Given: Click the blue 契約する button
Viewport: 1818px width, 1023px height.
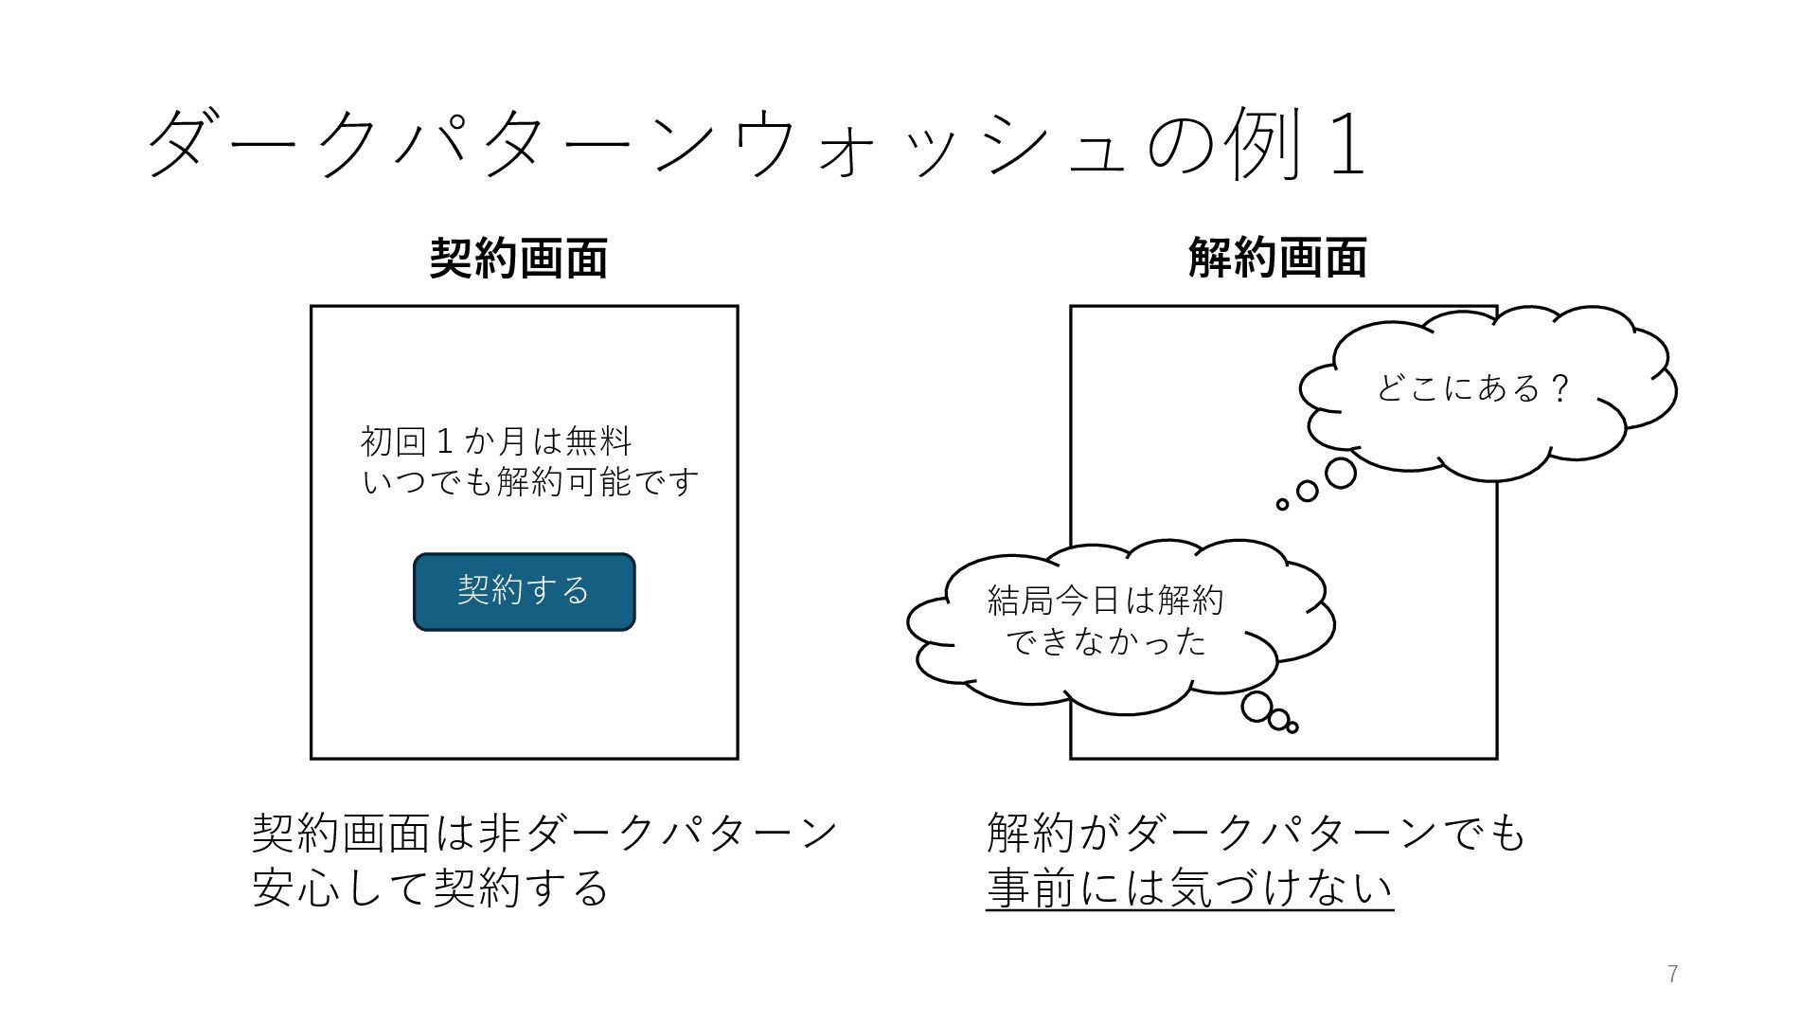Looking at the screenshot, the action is click(524, 591).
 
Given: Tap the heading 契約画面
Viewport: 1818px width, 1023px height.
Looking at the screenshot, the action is click(518, 258).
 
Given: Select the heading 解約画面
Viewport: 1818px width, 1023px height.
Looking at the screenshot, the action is click(1277, 258).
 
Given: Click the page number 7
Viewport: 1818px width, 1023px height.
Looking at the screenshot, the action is click(1672, 974).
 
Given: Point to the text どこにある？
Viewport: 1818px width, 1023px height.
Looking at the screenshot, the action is click(1472, 388).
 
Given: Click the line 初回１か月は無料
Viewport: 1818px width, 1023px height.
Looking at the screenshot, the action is click(496, 441).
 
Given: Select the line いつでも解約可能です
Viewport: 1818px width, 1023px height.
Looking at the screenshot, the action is click(530, 483).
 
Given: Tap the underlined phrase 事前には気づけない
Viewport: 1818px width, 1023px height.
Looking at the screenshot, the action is click(1189, 888).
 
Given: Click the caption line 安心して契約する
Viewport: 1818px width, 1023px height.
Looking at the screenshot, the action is click(430, 888).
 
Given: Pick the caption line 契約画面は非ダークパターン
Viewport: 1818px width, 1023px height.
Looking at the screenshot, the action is click(544, 834).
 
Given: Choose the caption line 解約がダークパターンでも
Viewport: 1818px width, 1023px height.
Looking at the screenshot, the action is click(1256, 834).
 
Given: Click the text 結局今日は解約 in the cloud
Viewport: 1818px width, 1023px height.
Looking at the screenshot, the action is click(1105, 601).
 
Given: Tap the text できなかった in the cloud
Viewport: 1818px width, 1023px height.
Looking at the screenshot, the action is click(1105, 643).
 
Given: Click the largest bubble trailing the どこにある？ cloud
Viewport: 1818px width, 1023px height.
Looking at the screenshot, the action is click(1340, 473).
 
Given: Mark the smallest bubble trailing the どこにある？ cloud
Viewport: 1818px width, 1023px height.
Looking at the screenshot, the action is click(1282, 505).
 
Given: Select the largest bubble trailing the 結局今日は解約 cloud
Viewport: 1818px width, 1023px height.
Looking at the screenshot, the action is click(1257, 707).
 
